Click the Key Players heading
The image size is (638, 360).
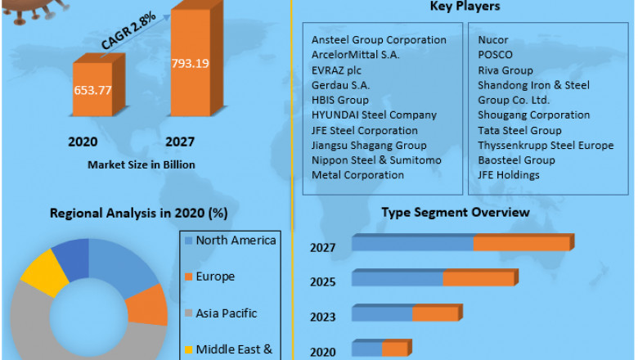pos(465,7)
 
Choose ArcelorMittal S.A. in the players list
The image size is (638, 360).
pos(355,55)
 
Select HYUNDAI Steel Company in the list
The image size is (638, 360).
pos(374,115)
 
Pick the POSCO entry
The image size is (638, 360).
pos(496,55)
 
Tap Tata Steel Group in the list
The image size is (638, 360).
pos(519,130)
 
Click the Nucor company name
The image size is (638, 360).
pos(494,39)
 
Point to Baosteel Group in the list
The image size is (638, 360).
pos(516,160)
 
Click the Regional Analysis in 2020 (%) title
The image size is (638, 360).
pos(139,214)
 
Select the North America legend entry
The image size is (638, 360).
pos(236,241)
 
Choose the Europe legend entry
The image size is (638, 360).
pos(214,277)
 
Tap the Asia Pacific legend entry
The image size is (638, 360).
pos(226,313)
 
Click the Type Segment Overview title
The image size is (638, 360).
pos(456,213)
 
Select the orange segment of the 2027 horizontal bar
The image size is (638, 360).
pos(521,243)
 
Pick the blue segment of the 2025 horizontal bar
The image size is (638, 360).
pos(398,278)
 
